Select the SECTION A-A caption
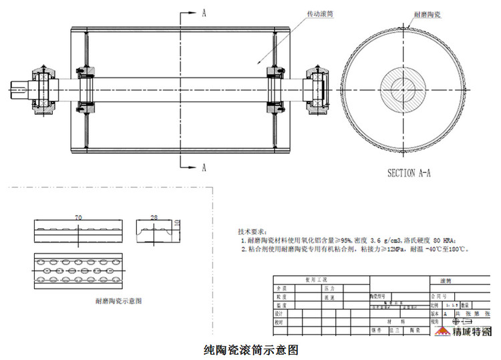409,172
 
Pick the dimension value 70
77,218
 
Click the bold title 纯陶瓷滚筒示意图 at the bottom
250,349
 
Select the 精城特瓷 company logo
462,331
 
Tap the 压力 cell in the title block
329,289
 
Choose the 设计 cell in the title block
279,313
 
